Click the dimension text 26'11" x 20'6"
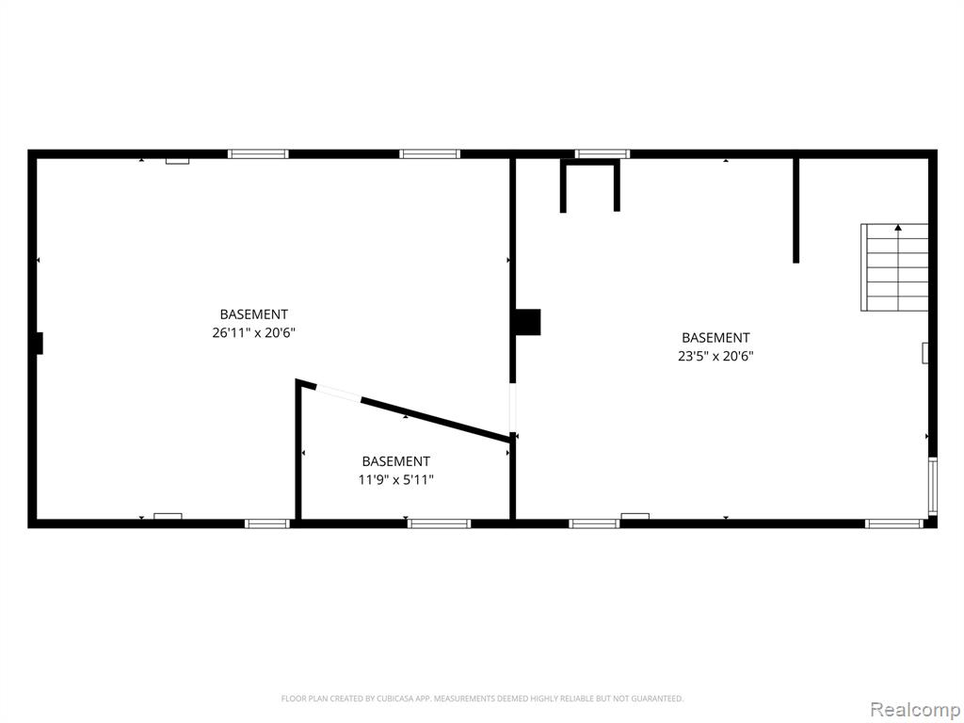point(254,333)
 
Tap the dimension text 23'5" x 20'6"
point(715,357)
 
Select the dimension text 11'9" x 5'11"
point(396,480)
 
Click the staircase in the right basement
point(894,267)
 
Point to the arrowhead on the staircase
point(898,228)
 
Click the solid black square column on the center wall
point(527,322)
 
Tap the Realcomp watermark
point(915,710)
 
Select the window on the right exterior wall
point(933,487)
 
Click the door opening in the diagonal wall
point(338,393)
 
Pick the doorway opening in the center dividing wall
point(513,408)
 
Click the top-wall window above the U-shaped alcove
point(602,153)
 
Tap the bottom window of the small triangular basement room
point(439,523)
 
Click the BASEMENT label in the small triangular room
point(396,461)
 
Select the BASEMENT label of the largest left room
point(254,314)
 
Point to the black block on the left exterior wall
point(40,343)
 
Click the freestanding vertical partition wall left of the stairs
point(796,211)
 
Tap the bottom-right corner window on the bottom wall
point(894,523)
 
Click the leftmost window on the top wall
point(258,153)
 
